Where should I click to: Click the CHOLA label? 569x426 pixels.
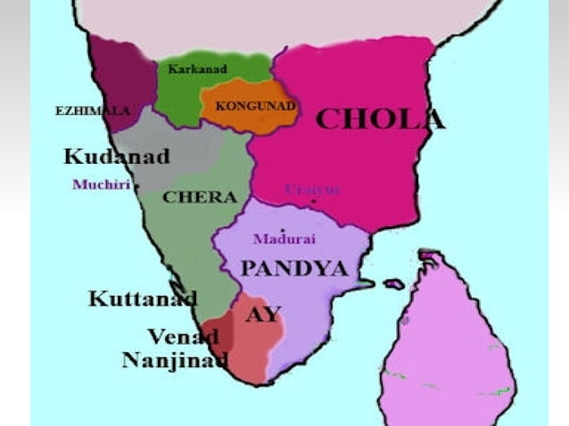coord(379,119)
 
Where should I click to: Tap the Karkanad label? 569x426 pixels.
coord(197,69)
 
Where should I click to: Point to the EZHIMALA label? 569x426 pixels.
coord(92,111)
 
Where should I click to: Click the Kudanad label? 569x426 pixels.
coord(116,157)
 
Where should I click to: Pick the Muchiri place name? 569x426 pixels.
coord(101,184)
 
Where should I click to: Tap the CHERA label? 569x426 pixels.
coord(200,197)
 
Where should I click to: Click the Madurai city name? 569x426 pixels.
coord(284,239)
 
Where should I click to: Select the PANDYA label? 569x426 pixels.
coord(293,268)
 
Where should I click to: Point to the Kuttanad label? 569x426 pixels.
coord(142,299)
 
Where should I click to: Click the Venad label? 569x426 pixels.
coord(183,337)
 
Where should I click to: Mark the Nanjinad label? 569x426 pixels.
coord(175,360)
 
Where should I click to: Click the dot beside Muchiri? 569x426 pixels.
coord(136,185)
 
